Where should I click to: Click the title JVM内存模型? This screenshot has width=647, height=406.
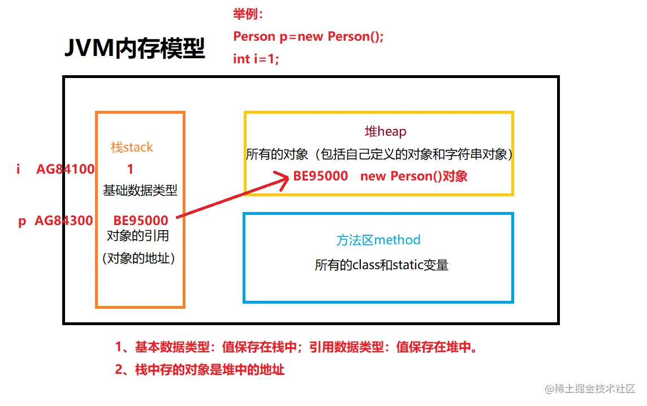pos(134,50)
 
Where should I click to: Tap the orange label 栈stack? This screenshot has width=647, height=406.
pos(132,148)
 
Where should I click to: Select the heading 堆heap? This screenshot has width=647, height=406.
pos(385,132)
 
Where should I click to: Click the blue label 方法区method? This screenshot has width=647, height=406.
pos(378,240)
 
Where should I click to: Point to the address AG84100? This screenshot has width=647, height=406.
pos(66,169)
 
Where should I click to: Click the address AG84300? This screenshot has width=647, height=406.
pos(64,221)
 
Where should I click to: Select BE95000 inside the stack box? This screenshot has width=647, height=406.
pos(141,221)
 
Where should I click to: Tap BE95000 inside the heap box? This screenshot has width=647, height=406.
pos(321,176)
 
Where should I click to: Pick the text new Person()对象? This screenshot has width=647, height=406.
pos(414,176)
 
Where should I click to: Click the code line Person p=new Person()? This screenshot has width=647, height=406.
pos(309,37)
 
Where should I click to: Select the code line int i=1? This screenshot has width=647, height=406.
pos(256,59)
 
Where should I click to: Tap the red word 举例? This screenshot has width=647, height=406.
pos(247,15)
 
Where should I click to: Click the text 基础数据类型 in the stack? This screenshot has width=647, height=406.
pos(140,190)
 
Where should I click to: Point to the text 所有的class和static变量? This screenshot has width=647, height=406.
pos(382,265)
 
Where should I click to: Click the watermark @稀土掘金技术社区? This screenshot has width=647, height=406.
pos(590,388)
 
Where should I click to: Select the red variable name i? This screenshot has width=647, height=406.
pos(19,169)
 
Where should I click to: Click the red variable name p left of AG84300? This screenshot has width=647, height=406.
pos(22,221)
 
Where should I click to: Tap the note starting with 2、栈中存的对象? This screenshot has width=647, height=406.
pos(200,370)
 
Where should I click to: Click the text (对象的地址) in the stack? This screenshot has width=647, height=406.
pos(139,259)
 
